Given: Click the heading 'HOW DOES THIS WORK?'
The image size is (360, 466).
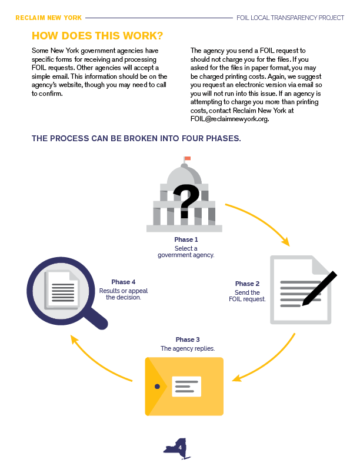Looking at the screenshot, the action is tap(98, 36).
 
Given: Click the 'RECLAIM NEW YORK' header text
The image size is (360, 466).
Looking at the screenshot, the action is tap(48, 18).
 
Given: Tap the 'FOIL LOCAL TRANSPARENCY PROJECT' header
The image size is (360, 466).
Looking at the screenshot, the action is tap(290, 18).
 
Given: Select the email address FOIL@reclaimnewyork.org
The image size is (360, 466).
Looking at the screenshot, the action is tap(229, 119).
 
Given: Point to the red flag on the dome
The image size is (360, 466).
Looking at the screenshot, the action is tap(187, 158).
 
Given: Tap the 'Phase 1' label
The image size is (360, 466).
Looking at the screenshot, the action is tap(186, 239).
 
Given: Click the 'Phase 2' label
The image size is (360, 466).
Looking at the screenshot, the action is tap(247, 284).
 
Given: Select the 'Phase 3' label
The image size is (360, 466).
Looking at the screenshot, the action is tap(188, 339).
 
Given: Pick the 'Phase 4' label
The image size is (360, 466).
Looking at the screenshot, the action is tap(124, 282).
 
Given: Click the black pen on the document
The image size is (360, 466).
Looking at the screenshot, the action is tap(319, 288).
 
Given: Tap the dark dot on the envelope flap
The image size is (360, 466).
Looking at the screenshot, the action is tap(157, 387).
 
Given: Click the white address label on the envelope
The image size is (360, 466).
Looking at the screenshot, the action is tap(186, 387).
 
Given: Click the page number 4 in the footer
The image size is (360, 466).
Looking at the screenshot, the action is tap(180, 448).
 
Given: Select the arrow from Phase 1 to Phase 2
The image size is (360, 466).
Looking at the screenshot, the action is tap(261, 219).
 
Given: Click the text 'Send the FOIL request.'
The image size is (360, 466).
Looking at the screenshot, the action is tap(247, 296).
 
